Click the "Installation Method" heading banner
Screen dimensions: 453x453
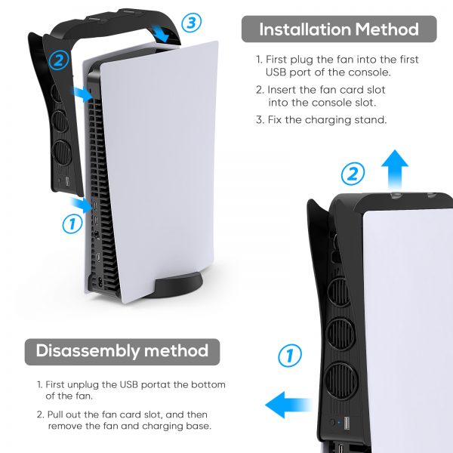(x=339, y=29)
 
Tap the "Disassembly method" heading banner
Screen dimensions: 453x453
(x=122, y=352)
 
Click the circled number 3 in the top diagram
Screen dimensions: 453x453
(x=191, y=23)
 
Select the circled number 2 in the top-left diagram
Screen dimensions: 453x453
(x=59, y=60)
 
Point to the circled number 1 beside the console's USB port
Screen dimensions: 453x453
(x=72, y=224)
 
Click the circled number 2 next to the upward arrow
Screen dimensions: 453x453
(x=353, y=174)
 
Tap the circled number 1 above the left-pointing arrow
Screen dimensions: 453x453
(x=289, y=355)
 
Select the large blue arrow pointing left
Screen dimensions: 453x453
(x=288, y=405)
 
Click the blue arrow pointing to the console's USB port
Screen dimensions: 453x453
(x=82, y=205)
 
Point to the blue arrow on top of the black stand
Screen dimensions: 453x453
(x=161, y=33)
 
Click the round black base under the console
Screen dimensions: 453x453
(x=178, y=285)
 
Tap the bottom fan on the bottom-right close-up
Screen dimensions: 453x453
(x=341, y=381)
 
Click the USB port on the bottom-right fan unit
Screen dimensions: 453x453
(x=347, y=423)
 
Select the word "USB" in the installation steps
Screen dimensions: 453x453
(x=276, y=72)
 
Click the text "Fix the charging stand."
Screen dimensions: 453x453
(x=327, y=119)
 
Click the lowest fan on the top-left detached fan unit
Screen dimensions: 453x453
(x=62, y=153)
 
